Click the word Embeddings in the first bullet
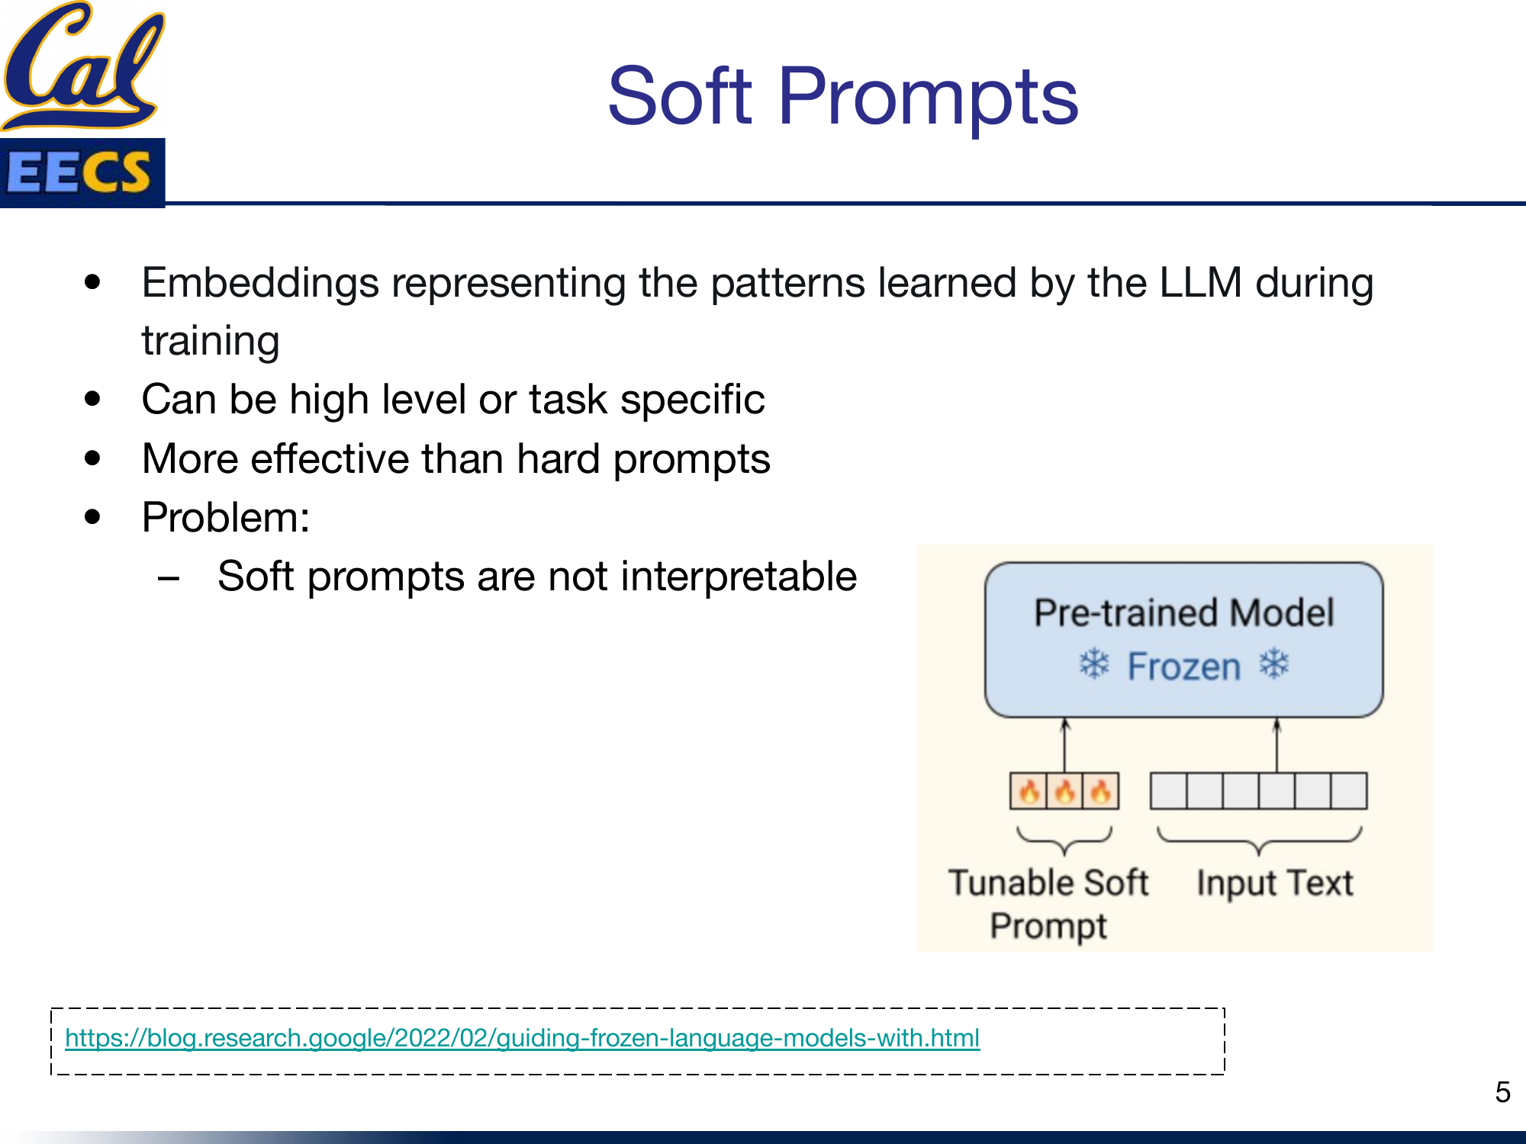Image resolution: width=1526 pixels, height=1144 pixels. (260, 284)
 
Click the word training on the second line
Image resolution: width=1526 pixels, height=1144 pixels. (211, 341)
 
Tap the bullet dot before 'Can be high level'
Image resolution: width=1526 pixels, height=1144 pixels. (93, 399)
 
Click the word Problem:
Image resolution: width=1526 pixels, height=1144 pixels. (226, 518)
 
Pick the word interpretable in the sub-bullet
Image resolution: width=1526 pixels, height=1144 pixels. (739, 577)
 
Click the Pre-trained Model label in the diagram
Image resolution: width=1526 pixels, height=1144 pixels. (1183, 613)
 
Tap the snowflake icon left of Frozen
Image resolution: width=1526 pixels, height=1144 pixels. (1094, 664)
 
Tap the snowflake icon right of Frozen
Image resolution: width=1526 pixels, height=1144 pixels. (1274, 664)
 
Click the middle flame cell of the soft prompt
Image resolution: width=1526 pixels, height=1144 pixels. (1064, 792)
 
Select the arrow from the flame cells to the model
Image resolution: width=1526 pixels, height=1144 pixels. (1065, 746)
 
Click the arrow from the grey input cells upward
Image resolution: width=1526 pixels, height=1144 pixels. (1276, 746)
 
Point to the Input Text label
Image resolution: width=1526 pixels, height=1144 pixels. (1274, 883)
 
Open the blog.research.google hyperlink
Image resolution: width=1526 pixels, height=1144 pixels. (522, 1038)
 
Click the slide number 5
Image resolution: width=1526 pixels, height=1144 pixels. (1502, 1092)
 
